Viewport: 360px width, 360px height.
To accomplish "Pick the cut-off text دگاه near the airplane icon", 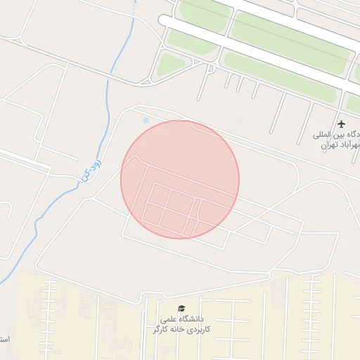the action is [x=349, y=134].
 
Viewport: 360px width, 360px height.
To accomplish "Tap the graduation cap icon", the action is [x=181, y=309].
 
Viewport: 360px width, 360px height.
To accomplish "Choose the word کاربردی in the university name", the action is [x=198, y=329].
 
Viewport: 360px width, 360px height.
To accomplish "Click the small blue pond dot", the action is [x=146, y=120].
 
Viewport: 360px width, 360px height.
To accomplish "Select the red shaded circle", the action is [x=180, y=179].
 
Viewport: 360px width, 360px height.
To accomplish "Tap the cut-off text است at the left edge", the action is [x=4, y=339].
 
